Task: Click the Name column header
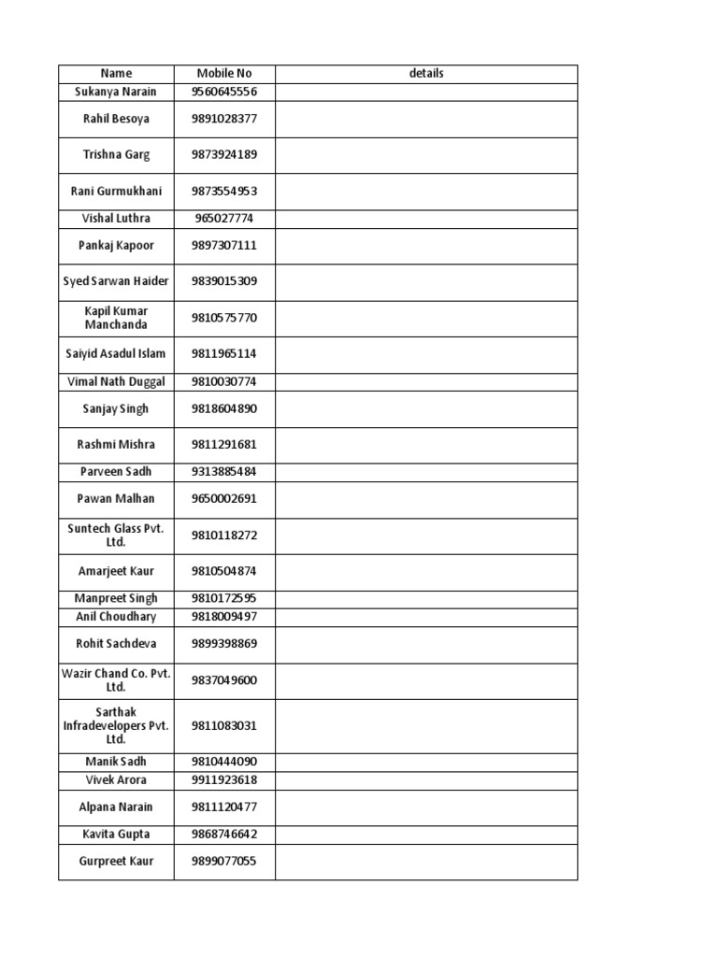(116, 73)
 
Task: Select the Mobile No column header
(224, 73)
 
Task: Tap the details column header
(426, 73)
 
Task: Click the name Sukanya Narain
(116, 92)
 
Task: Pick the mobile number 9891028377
(224, 119)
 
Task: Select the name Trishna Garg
(116, 155)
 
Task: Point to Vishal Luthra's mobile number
(224, 219)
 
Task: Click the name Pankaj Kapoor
(116, 246)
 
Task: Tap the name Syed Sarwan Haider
(116, 281)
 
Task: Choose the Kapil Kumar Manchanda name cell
(116, 318)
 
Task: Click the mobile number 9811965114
(224, 354)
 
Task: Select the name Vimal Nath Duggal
(116, 381)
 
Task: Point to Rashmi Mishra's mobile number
(224, 445)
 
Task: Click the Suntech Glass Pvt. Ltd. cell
(116, 535)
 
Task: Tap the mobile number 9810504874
(224, 571)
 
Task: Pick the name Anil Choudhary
(116, 617)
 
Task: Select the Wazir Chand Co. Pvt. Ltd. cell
(116, 679)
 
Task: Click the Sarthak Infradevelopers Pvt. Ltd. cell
(116, 725)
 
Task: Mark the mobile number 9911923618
(224, 780)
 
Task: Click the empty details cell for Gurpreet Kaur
(426, 861)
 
